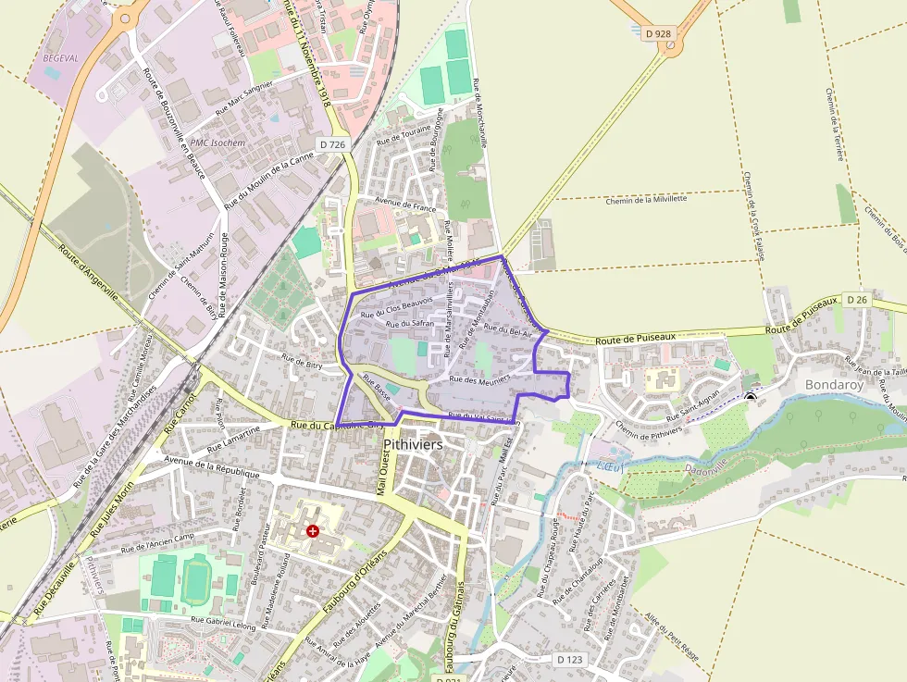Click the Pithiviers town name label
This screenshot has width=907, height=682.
[x=413, y=445]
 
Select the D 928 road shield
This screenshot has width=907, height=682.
[x=659, y=33]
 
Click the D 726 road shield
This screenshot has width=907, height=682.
[x=332, y=144]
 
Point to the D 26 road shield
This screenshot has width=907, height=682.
[x=857, y=300]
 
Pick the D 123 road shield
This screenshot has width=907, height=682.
[x=572, y=660]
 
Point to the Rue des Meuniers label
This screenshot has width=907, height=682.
[x=479, y=378]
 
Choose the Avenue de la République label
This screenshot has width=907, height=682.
[x=218, y=468]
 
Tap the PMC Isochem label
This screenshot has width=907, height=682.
[x=218, y=143]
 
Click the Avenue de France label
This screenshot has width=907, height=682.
[x=405, y=204]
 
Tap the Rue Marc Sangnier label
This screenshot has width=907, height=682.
[x=244, y=97]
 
